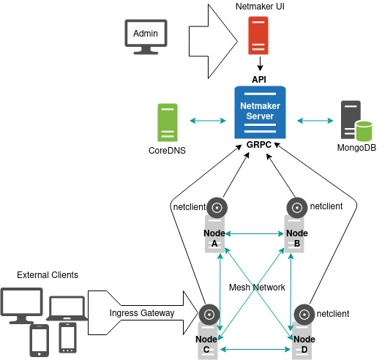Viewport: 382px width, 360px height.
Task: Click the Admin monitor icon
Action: coord(146,37)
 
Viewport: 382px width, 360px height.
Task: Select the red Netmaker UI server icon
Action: coord(258,35)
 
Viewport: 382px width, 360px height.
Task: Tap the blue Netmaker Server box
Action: coord(260,112)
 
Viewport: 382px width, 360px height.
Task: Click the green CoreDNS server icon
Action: coord(168,122)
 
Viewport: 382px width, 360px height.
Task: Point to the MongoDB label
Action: coord(356,148)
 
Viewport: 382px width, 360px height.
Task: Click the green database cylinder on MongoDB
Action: coord(364,131)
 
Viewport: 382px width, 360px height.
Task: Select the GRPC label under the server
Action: coord(259,145)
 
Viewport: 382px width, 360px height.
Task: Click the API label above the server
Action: coord(259,80)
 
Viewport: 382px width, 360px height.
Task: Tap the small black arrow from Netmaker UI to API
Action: coord(260,64)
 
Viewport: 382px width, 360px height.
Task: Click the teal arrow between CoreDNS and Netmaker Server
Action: coord(208,121)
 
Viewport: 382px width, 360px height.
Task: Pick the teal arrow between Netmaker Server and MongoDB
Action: coord(315,121)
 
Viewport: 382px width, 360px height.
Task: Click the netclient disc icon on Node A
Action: coord(217,208)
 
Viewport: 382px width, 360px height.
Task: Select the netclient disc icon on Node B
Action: coord(297,208)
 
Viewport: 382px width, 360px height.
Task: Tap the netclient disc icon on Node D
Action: coord(304,315)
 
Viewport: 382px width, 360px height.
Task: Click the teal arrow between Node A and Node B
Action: coord(255,233)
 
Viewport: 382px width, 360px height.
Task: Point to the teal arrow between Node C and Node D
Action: coord(255,350)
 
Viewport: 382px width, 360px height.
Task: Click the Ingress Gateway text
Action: coord(142,313)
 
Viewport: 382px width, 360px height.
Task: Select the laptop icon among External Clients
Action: coord(67,308)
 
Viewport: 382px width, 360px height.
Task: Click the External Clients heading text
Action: coord(48,275)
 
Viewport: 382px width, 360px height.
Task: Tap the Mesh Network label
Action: coord(257,288)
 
